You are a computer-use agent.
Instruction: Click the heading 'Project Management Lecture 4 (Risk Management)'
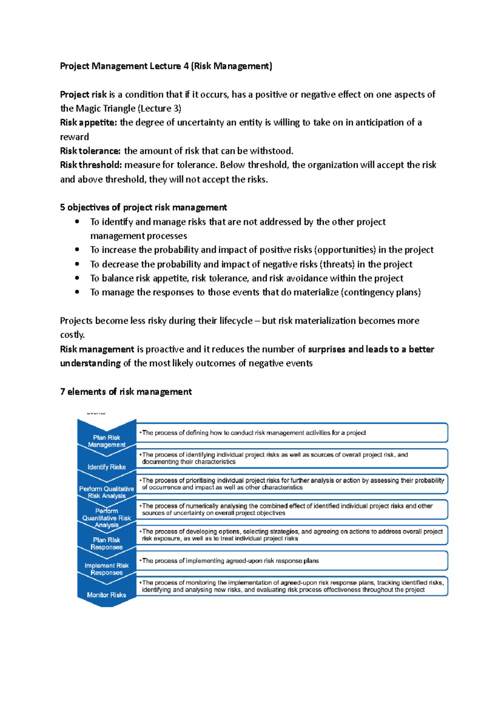(166, 66)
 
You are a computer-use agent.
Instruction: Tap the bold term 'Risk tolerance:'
(90, 151)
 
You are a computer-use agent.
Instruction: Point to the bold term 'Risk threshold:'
(91, 165)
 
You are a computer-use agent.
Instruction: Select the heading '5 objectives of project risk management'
(143, 207)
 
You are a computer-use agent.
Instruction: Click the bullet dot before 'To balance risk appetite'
(77, 278)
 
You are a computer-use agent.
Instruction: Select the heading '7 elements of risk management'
(126, 392)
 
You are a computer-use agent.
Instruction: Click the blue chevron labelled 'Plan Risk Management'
(106, 440)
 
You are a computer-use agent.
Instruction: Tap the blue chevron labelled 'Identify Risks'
(106, 467)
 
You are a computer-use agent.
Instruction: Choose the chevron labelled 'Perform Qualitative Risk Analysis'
(106, 492)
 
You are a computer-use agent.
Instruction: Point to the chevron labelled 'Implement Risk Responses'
(106, 569)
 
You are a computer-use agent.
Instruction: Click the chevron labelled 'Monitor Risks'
(106, 595)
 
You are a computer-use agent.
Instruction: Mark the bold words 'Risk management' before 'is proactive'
(97, 349)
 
